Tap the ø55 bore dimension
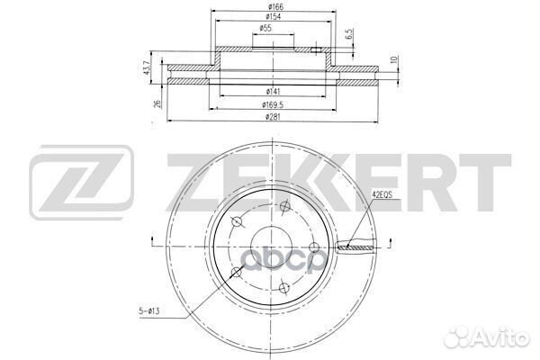tap(267, 29)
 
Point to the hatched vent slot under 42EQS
tap(355, 246)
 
